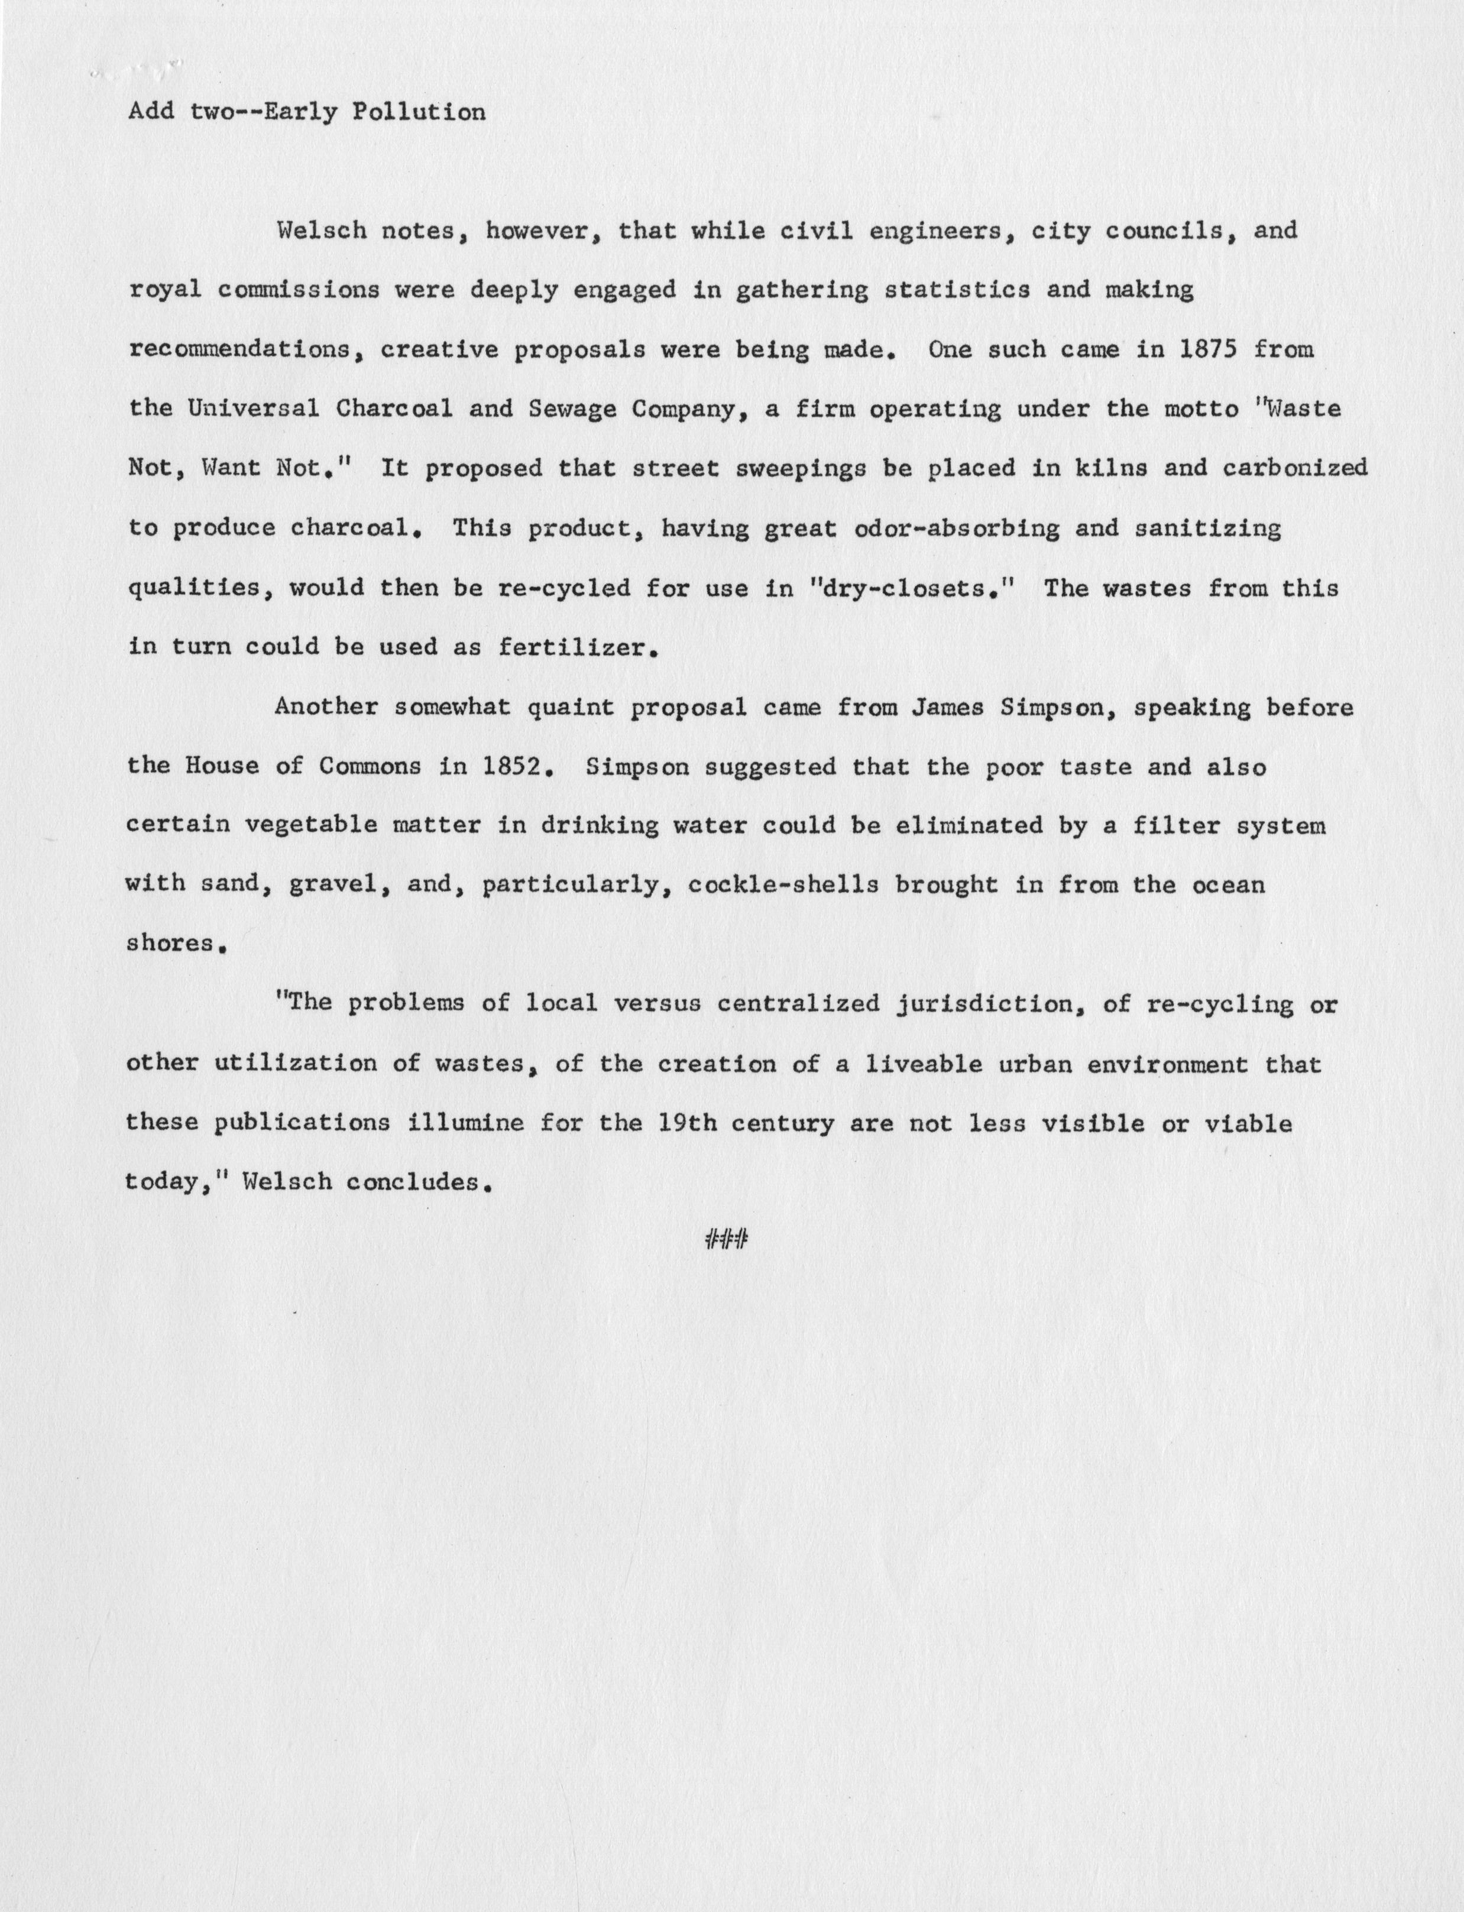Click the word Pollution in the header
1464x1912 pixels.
(418, 112)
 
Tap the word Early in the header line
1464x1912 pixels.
(294, 112)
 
